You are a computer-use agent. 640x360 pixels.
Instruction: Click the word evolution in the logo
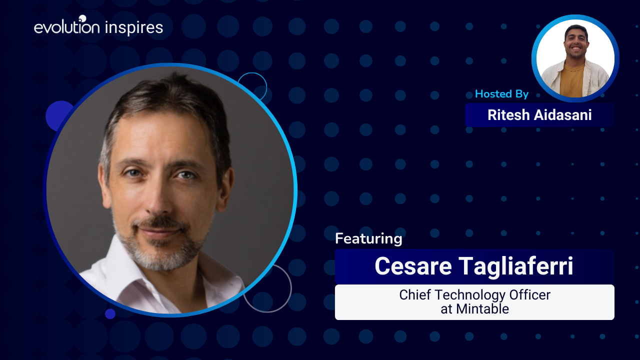67,27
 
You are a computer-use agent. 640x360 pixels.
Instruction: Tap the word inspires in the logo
134,28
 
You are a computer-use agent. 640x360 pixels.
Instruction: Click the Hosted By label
501,94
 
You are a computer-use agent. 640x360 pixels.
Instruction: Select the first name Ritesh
508,115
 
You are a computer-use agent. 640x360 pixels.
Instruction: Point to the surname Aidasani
563,115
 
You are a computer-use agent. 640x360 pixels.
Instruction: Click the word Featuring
368,238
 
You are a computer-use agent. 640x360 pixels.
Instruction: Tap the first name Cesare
413,266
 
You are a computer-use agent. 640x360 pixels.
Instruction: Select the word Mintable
482,309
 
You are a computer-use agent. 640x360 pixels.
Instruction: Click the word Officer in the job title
530,295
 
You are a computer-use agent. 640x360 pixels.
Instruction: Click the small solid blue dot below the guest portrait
110,313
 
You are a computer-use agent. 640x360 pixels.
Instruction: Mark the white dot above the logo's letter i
82,18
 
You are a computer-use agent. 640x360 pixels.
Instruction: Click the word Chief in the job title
415,295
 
